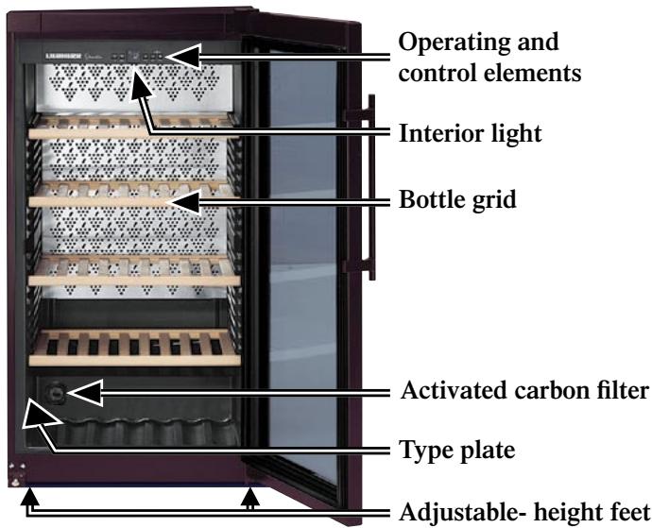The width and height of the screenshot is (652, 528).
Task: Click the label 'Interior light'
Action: point(470,134)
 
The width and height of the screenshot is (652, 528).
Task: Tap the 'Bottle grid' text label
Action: point(457,199)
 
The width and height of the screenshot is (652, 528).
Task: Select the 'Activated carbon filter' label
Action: point(524,391)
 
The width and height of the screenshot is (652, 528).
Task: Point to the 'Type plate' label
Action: point(457,451)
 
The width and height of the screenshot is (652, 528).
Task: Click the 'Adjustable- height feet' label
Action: point(524,512)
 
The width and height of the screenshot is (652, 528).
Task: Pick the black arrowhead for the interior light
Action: point(139,83)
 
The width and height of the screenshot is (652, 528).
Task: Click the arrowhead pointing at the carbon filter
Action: point(85,393)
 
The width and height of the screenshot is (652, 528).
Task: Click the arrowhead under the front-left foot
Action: point(28,496)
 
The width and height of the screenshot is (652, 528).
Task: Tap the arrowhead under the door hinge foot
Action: point(249,496)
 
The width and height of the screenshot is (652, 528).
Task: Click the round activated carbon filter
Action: point(55,392)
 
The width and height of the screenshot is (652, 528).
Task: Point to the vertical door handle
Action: point(368,187)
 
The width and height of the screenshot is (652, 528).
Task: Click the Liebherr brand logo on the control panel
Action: point(62,56)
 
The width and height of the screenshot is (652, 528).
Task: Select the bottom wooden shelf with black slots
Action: point(134,348)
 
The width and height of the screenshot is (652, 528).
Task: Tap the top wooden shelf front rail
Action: point(134,133)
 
